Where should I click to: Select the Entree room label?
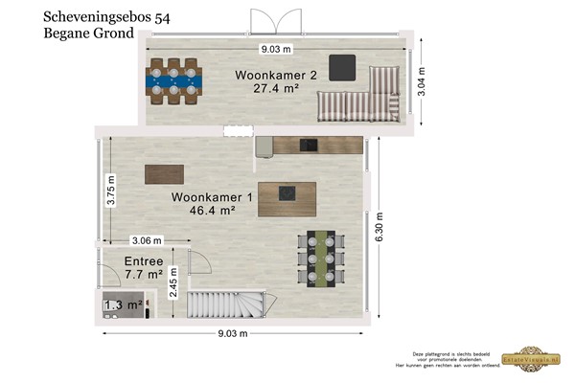click(x=144, y=261)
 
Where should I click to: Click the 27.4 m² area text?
click(x=276, y=88)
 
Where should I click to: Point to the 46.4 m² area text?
click(x=213, y=211)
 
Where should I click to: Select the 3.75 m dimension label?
click(x=111, y=190)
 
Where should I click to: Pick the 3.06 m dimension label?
click(x=146, y=240)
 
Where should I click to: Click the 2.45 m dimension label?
click(x=173, y=283)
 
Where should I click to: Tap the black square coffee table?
click(x=343, y=67)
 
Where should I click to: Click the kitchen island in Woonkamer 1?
click(x=287, y=197)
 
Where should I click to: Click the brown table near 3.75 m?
click(x=164, y=174)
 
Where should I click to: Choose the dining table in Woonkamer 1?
click(x=316, y=258)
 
